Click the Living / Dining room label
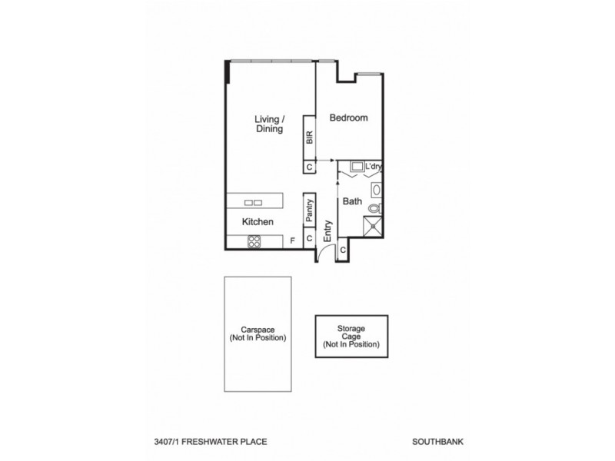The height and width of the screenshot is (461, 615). pyautogui.click(x=270, y=124)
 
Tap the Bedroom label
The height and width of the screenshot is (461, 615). pyautogui.click(x=348, y=118)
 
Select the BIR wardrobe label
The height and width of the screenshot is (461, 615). pyautogui.click(x=310, y=138)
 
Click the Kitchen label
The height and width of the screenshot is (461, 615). pyautogui.click(x=258, y=222)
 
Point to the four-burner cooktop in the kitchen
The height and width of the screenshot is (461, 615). pyautogui.click(x=254, y=241)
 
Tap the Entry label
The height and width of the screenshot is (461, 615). pyautogui.click(x=327, y=231)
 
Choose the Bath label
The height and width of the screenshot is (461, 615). pyautogui.click(x=352, y=202)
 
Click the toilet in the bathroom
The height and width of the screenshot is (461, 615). pyautogui.click(x=374, y=207)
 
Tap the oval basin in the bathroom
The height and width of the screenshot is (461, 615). pyautogui.click(x=376, y=190)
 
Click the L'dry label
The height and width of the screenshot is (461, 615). pyautogui.click(x=374, y=166)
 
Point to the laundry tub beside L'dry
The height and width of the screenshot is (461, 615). pyautogui.click(x=357, y=166)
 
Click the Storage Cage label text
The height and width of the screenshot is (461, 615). pyautogui.click(x=351, y=336)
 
